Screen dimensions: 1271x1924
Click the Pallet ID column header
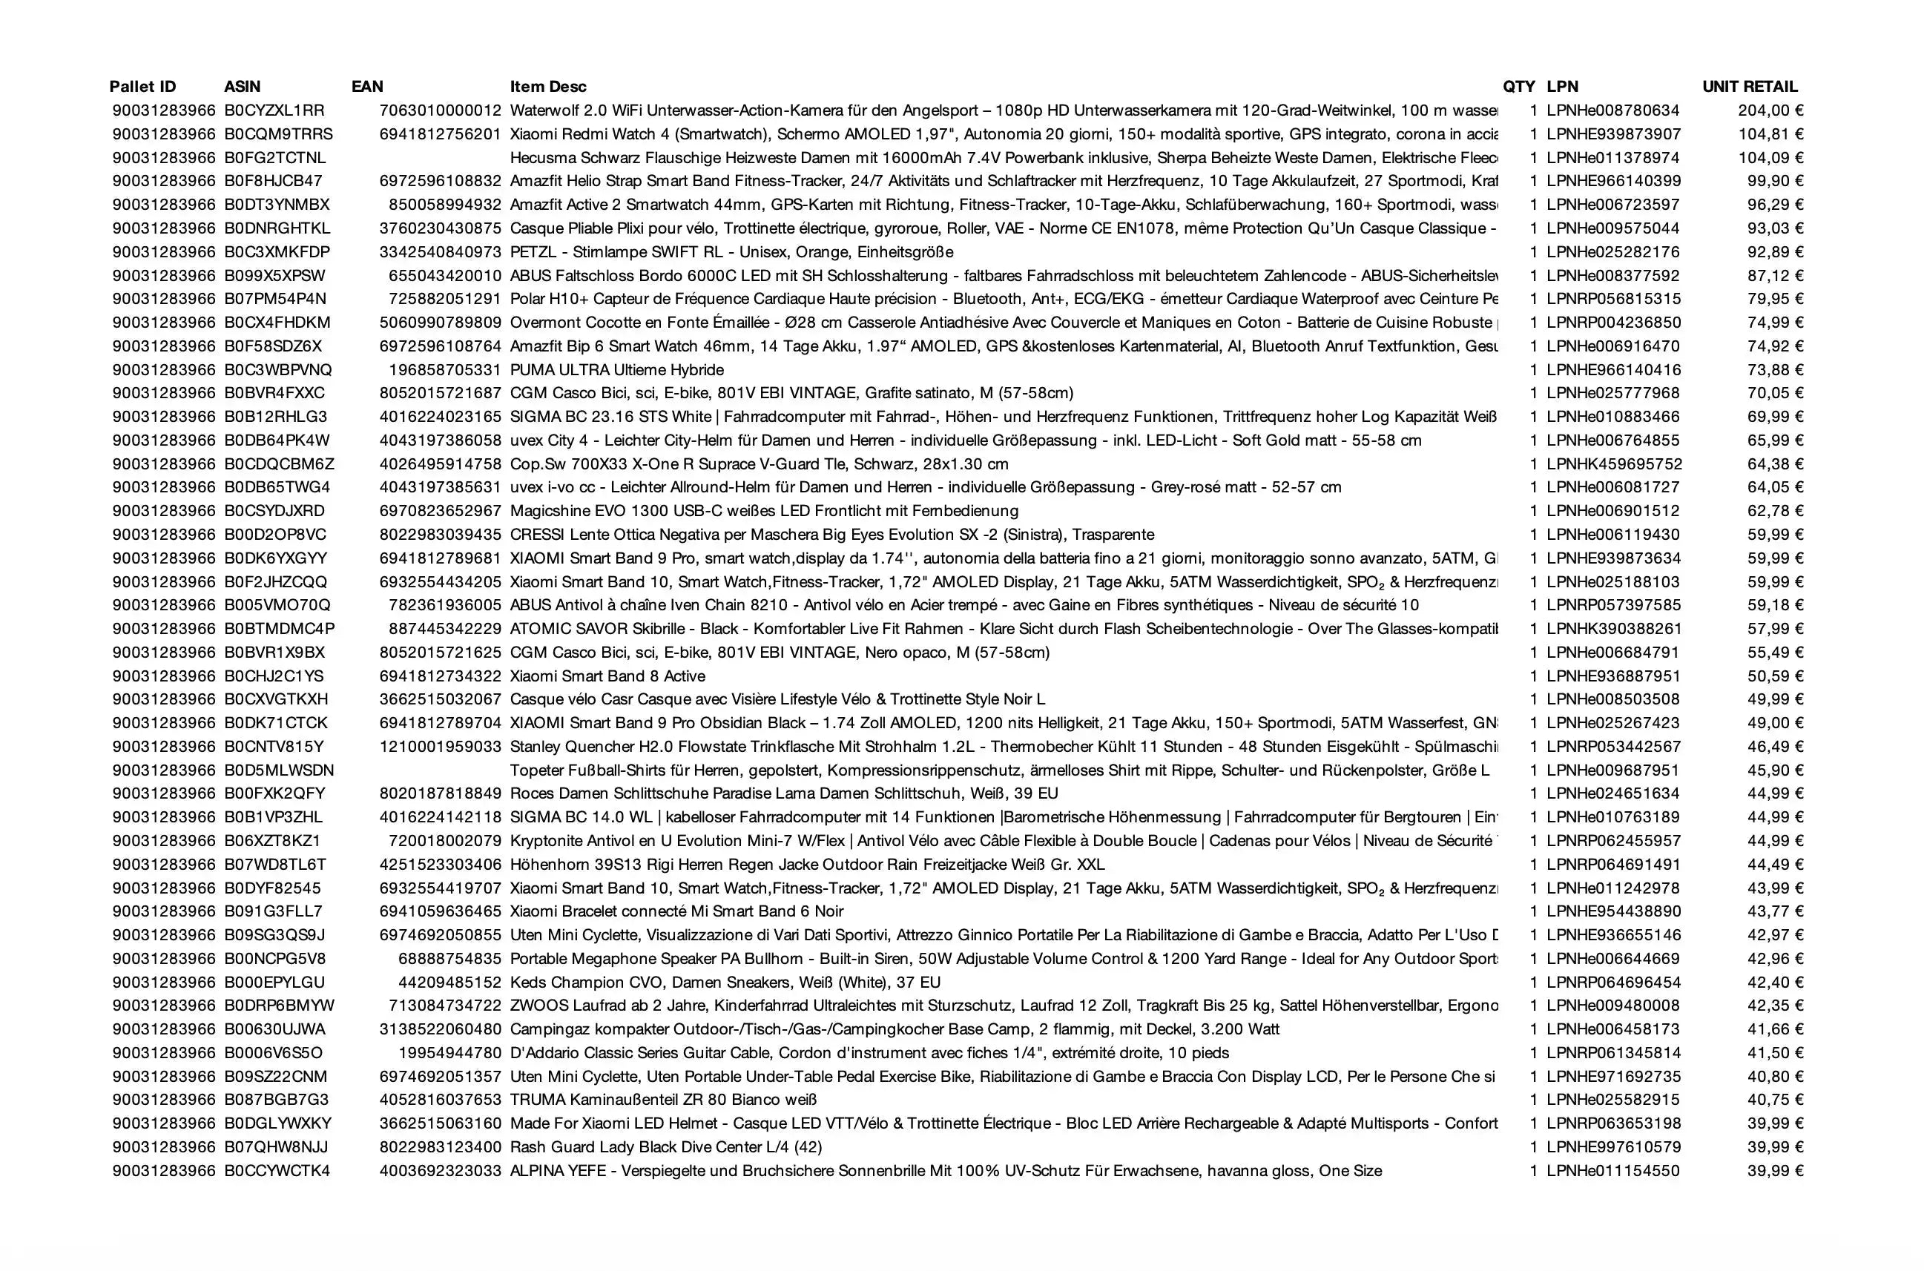[x=142, y=87]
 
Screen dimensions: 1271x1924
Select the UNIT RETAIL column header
[x=1750, y=87]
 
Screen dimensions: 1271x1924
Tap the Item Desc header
[x=548, y=87]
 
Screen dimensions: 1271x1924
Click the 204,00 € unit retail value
[x=1770, y=110]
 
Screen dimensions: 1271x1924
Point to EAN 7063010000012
[x=441, y=110]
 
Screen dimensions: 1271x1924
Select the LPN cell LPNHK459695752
[x=1613, y=464]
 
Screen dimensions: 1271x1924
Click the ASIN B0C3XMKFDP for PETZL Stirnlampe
[x=277, y=252]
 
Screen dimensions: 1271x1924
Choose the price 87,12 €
[x=1775, y=276]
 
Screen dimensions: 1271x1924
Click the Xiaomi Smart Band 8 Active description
[x=607, y=676]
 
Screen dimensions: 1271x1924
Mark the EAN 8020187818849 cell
[x=441, y=793]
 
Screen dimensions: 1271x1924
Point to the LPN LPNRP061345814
[x=1613, y=1053]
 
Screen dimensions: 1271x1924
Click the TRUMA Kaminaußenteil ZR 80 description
[x=662, y=1100]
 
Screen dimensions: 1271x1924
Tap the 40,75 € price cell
[x=1775, y=1100]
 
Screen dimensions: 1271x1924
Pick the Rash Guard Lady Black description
[x=665, y=1147]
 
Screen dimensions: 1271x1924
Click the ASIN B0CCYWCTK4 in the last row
[x=277, y=1170]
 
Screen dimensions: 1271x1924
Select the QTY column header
[x=1518, y=87]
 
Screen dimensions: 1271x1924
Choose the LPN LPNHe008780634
[x=1612, y=110]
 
